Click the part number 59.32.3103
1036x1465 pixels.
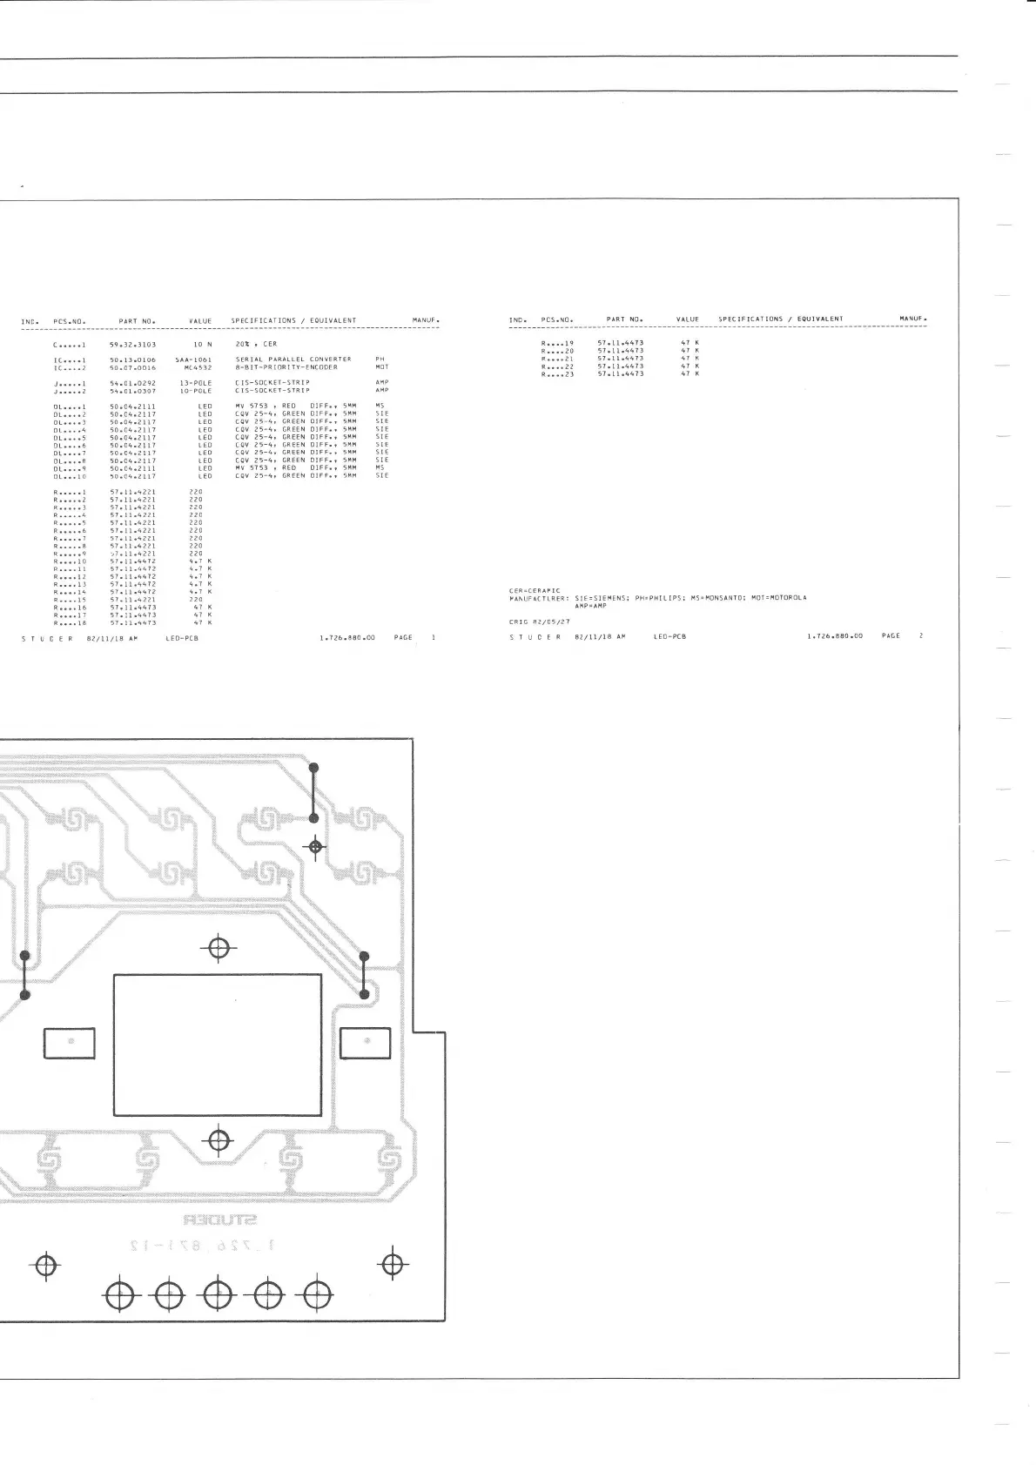click(132, 344)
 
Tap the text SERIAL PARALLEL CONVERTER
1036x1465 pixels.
click(293, 360)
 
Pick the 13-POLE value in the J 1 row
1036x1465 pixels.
click(196, 383)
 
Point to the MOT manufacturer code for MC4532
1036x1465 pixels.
click(381, 367)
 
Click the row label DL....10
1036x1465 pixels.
click(70, 476)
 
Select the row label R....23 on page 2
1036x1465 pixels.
click(557, 374)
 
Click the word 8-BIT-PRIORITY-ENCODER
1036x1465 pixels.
click(286, 367)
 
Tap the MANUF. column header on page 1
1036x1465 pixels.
click(426, 321)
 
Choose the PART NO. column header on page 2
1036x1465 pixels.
click(624, 319)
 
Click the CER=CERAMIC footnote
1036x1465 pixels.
click(535, 590)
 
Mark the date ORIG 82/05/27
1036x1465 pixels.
click(539, 622)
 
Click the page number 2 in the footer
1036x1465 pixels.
click(921, 636)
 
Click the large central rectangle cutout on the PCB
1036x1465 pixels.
click(218, 1045)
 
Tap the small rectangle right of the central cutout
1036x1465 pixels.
click(365, 1044)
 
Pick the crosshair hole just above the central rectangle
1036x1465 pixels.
click(219, 948)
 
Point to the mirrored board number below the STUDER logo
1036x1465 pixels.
click(201, 1247)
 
